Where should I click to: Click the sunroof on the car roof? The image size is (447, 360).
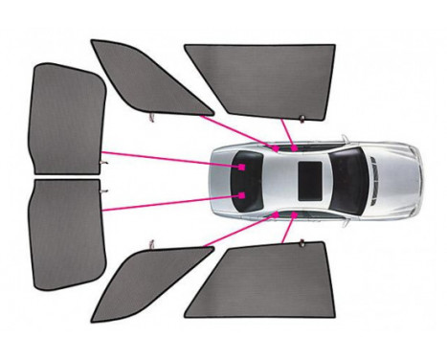(x=310, y=178)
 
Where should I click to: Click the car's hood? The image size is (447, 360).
(x=397, y=180)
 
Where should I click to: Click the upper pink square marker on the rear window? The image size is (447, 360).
(x=242, y=166)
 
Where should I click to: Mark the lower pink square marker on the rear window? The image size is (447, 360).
(x=242, y=194)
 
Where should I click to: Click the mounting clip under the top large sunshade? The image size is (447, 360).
(x=302, y=119)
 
